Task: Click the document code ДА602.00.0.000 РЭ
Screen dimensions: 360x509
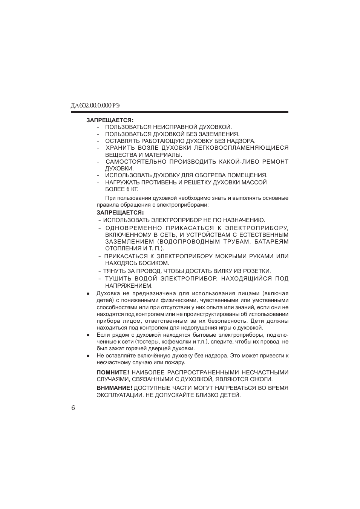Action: (98, 106)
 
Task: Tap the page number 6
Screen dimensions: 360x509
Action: (73, 408)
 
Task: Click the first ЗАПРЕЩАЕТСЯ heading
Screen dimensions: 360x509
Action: (110, 120)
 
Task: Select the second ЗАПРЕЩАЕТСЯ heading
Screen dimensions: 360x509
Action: (120, 213)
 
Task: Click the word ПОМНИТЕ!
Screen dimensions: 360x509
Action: (113, 373)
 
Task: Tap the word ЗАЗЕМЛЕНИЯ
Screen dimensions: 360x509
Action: (221, 134)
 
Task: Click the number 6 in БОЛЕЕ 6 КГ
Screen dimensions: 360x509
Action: (128, 189)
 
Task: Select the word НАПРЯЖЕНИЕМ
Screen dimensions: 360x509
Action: (129, 286)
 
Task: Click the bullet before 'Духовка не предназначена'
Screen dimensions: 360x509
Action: (88, 294)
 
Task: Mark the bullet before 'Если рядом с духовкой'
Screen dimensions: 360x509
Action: (88, 335)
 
